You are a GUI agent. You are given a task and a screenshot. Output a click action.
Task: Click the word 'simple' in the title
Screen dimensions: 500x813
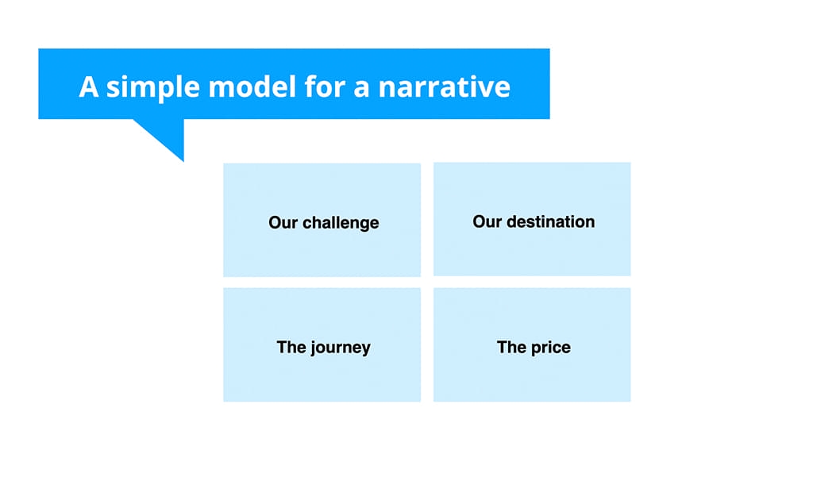click(153, 87)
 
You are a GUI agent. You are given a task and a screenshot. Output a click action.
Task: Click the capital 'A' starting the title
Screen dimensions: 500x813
click(89, 87)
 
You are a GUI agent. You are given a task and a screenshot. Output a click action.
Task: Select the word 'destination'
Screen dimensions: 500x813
click(550, 221)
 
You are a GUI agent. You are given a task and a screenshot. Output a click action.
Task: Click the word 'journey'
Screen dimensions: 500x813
click(339, 348)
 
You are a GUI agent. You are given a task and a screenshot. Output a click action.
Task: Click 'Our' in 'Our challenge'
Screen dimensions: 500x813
click(282, 223)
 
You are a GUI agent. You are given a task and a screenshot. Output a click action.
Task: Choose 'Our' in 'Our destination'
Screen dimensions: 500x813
click(487, 221)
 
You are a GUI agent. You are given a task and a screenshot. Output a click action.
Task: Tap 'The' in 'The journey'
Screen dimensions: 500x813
click(291, 347)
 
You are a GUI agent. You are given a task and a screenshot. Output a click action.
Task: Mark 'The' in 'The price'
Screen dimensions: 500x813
click(511, 347)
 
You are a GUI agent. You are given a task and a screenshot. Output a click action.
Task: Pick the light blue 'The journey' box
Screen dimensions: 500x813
click(322, 377)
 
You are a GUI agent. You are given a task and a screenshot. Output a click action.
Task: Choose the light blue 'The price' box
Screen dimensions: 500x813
click(532, 377)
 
